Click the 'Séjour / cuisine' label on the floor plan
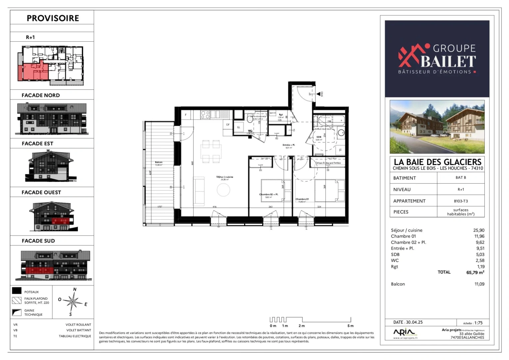(225, 177)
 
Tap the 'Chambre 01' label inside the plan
(302, 199)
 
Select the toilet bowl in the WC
(250, 119)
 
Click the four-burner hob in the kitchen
(205, 115)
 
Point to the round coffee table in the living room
(223, 190)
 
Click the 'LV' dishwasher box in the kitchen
(228, 125)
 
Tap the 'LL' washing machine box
(239, 127)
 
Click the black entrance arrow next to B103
(318, 94)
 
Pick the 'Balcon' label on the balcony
(159, 162)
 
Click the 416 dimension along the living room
(215, 207)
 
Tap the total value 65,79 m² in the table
(475, 272)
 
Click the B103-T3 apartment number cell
(461, 201)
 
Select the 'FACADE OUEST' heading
(41, 192)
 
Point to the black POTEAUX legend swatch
(17, 291)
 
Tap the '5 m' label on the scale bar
(350, 326)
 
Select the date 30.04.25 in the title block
(414, 322)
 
